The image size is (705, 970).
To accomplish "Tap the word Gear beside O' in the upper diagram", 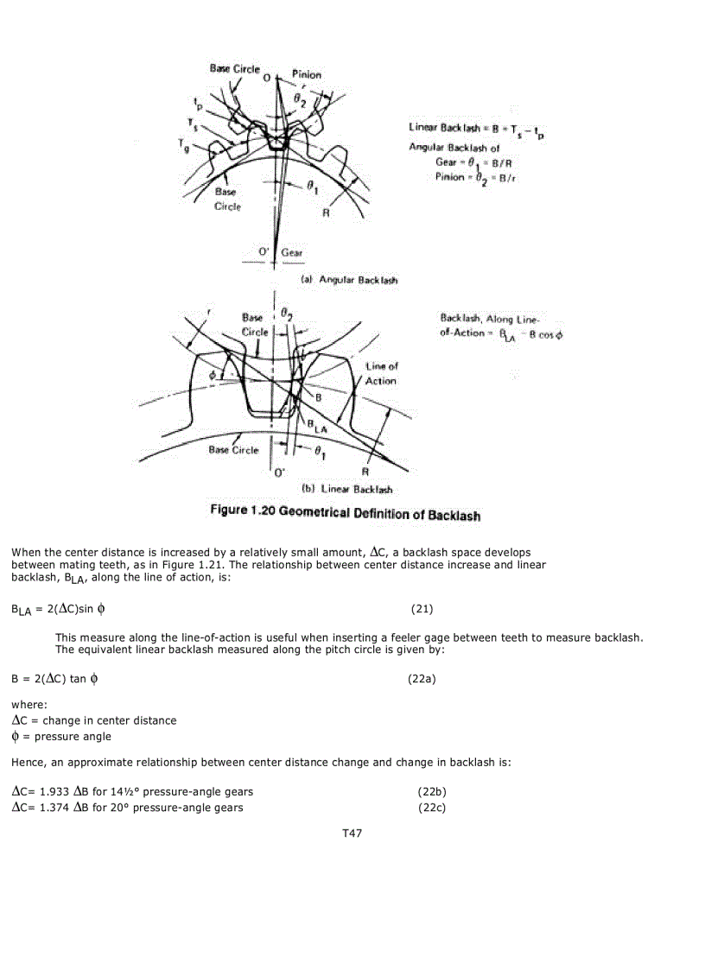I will pyautogui.click(x=292, y=252).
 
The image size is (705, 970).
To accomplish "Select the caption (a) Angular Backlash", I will pyautogui.click(x=349, y=280).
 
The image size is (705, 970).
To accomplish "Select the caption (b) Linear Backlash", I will pyautogui.click(x=351, y=489).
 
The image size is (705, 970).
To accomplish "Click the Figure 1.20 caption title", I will pyautogui.click(x=346, y=513).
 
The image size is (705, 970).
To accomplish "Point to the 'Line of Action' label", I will pyautogui.click(x=381, y=373).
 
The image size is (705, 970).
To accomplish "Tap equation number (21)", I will pyautogui.click(x=422, y=609).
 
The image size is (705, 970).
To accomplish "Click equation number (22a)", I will pyautogui.click(x=422, y=679).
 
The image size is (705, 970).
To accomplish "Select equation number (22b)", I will pyautogui.click(x=431, y=791).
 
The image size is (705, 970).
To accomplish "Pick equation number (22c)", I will pyautogui.click(x=431, y=808).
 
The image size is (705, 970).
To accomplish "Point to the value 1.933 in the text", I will pyautogui.click(x=55, y=791).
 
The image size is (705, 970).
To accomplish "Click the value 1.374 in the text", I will pyautogui.click(x=55, y=808).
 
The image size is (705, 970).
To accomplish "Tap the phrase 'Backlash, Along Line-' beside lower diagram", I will pyautogui.click(x=489, y=319).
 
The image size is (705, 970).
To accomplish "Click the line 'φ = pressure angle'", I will pyautogui.click(x=61, y=737).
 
